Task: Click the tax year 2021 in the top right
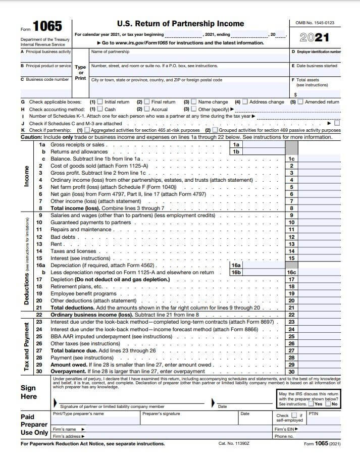[x=314, y=37]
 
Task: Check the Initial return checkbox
[x=99, y=102]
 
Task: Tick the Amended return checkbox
[x=300, y=102]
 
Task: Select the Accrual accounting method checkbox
[x=147, y=109]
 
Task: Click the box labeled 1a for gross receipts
[x=236, y=145]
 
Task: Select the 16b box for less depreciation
[x=236, y=272]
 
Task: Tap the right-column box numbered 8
[x=291, y=208]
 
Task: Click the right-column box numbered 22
[x=291, y=315]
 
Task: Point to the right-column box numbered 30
[x=291, y=371]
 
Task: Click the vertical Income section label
[x=26, y=176]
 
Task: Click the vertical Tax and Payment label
[x=26, y=346]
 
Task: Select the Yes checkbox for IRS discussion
[x=311, y=404]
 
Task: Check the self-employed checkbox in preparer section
[x=294, y=416]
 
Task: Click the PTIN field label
[x=313, y=414]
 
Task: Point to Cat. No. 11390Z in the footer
[x=234, y=444]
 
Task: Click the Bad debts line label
[x=63, y=237]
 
